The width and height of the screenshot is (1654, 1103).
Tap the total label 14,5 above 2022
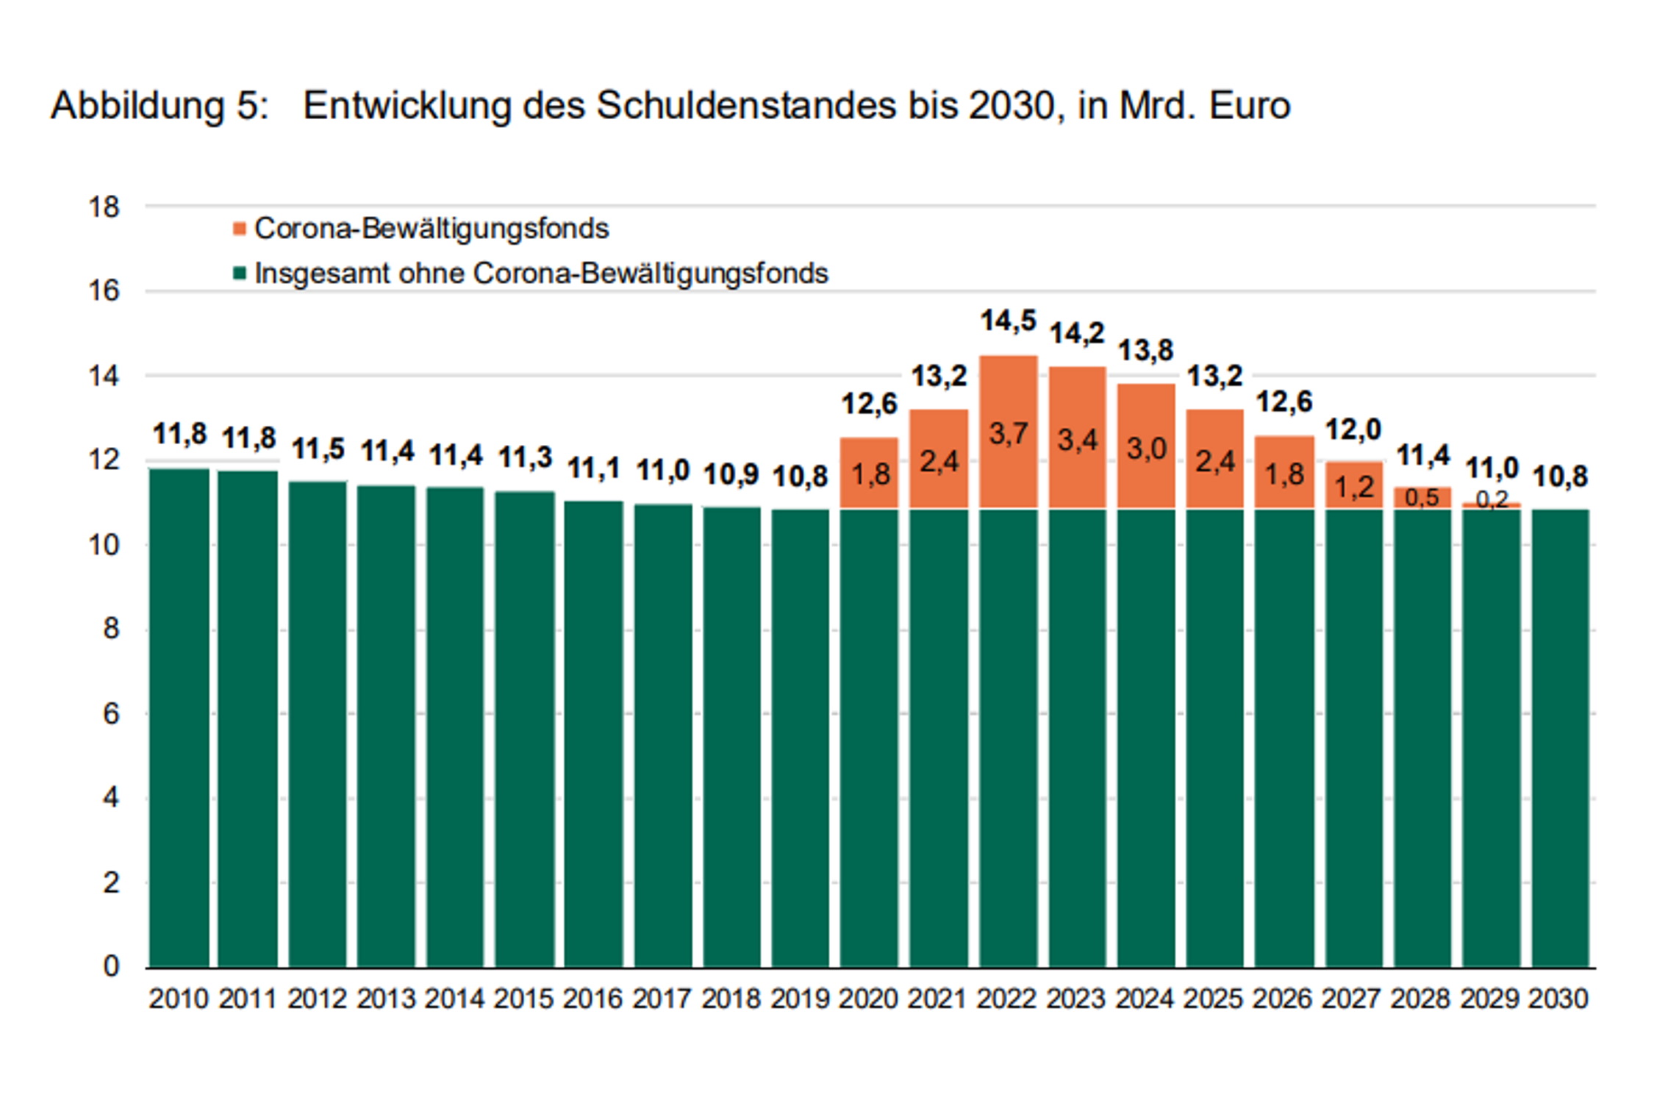click(1008, 321)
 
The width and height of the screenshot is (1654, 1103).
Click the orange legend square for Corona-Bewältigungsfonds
click(239, 229)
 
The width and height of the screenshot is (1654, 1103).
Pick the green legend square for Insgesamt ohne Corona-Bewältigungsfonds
click(239, 274)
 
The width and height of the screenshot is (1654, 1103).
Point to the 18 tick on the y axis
click(104, 207)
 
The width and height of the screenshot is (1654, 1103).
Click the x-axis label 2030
click(1558, 999)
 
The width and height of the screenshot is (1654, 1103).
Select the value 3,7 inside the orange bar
click(1008, 434)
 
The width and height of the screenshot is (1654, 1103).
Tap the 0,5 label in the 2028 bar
click(1422, 498)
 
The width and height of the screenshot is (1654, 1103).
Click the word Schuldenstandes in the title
click(746, 105)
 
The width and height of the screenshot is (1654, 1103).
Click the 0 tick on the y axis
click(111, 965)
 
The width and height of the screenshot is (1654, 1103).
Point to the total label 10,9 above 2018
click(731, 474)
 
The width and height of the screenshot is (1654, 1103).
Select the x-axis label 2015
click(523, 999)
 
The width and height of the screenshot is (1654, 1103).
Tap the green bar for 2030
click(1560, 735)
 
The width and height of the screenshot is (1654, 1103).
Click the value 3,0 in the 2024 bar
click(1146, 449)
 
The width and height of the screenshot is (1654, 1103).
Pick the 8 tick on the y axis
click(111, 629)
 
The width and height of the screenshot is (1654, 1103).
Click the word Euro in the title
click(1250, 105)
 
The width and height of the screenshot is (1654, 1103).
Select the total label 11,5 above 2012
click(318, 449)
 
